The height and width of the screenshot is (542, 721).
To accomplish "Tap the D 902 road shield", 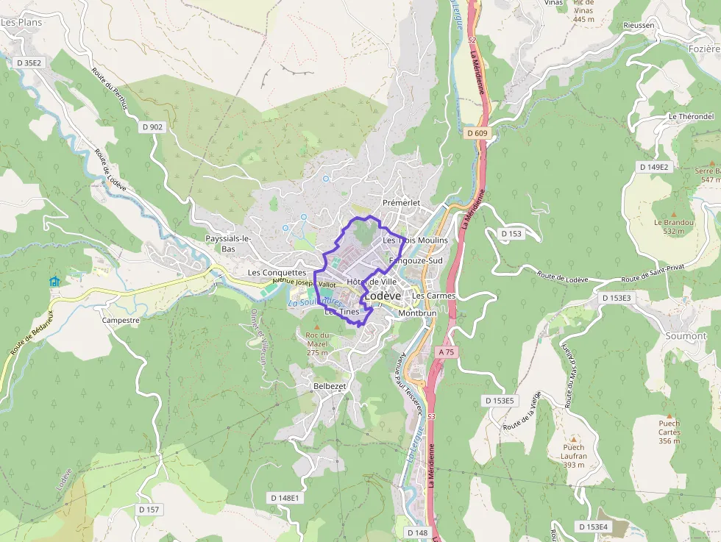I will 151,126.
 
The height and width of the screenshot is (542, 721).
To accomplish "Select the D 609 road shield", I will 477,133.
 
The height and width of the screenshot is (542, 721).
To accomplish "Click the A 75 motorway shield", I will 447,352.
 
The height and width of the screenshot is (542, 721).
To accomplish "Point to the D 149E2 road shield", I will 654,167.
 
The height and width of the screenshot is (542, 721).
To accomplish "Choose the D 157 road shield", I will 149,509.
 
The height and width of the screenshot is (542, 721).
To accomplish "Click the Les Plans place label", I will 21,22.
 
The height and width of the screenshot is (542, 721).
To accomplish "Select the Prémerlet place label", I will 401,202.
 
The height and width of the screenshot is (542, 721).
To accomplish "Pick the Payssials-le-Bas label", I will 229,243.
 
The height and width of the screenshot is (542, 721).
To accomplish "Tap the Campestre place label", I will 121,321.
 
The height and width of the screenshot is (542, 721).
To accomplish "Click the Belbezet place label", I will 330,385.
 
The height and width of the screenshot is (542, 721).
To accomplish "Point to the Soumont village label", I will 686,335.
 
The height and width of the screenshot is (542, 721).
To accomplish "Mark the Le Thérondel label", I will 691,116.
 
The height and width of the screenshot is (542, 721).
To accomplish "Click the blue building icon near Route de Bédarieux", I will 54,282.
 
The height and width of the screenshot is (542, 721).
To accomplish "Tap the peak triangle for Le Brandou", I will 673,213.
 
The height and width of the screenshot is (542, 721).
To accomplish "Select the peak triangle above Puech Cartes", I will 669,415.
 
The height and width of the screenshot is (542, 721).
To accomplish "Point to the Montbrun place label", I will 417,313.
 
